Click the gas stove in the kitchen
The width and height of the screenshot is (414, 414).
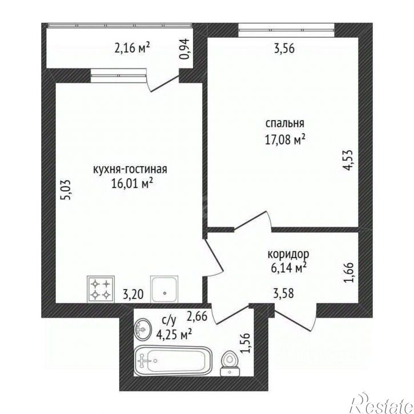(x=101, y=290)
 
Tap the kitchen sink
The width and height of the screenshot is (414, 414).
(x=164, y=290)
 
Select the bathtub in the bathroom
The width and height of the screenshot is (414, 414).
(x=173, y=360)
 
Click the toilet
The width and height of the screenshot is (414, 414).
(x=230, y=363)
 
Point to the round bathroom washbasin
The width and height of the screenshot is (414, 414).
(x=143, y=329)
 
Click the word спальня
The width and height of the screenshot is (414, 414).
(x=284, y=123)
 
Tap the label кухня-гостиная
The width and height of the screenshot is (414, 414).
(x=130, y=169)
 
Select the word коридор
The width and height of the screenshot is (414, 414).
(x=288, y=254)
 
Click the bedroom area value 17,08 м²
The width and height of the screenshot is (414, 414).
(x=285, y=140)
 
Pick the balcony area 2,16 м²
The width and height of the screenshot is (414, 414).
(x=132, y=48)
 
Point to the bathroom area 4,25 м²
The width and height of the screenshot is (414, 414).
(x=174, y=335)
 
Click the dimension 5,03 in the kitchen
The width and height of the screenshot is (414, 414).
(x=66, y=190)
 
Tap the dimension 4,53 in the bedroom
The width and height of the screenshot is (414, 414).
(x=348, y=160)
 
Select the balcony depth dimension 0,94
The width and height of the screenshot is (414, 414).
(x=185, y=49)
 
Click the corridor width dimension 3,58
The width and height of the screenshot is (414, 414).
(x=283, y=294)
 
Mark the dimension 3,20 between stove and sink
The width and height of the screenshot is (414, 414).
(x=133, y=294)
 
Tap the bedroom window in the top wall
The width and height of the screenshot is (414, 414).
(x=286, y=30)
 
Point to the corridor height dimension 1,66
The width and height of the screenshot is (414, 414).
(x=348, y=272)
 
